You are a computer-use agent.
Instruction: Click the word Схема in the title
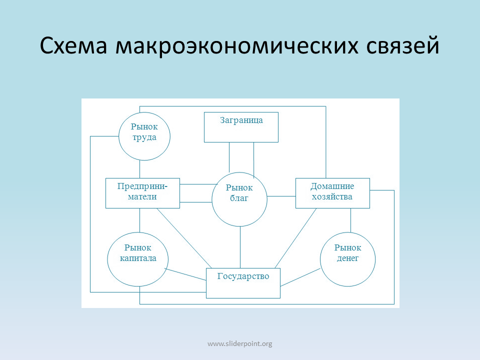[73, 46]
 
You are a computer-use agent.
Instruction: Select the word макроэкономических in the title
[236, 46]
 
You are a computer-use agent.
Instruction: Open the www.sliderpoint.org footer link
[239, 344]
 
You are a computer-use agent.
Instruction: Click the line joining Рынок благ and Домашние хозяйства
[281, 196]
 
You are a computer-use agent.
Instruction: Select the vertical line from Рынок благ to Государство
[240, 247]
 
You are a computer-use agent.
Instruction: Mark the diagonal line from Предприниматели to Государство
[184, 238]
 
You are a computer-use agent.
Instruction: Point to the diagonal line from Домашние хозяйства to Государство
[295, 238]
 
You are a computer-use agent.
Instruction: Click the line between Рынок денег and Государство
[300, 277]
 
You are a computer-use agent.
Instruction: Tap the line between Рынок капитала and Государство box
[185, 274]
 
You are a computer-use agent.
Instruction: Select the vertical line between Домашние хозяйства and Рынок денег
[351, 220]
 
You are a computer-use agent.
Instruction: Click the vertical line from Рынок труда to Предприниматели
[140, 169]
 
